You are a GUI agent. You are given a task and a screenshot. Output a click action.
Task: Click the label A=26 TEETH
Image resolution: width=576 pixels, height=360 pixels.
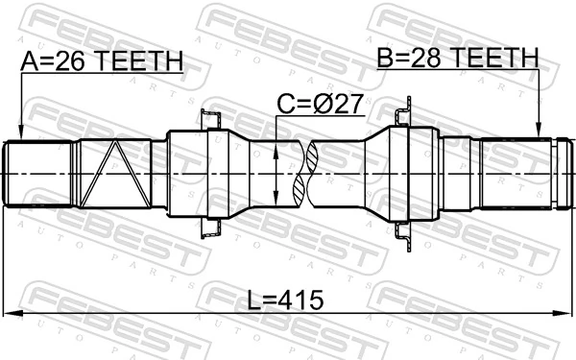coord(101,63)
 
